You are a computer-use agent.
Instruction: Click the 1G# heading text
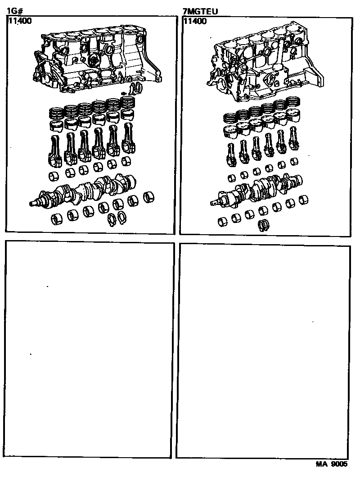15,11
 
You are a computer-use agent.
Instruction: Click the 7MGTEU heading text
200,11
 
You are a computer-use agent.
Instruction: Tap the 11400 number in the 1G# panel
20,21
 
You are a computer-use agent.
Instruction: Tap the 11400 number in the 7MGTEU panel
195,21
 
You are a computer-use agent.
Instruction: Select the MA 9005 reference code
331,464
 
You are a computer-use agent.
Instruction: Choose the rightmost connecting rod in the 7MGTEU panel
293,139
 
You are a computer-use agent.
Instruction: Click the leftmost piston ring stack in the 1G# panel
56,114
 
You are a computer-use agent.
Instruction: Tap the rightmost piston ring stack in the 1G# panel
129,103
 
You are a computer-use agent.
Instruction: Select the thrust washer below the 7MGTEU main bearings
263,225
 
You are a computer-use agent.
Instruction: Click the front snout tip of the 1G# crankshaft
31,204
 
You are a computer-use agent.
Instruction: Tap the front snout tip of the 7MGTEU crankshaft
212,203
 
